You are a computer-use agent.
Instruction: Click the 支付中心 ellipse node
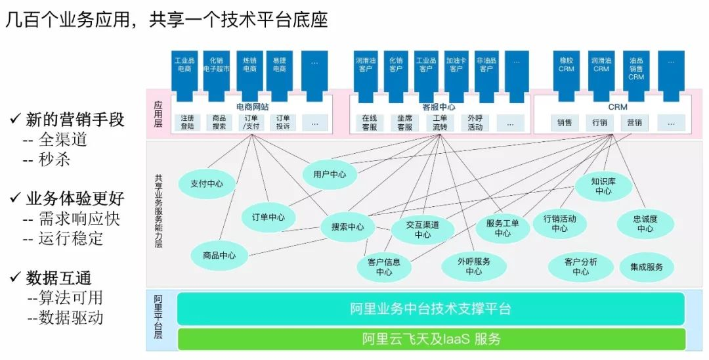point(207,184)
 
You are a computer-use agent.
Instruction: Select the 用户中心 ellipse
point(330,174)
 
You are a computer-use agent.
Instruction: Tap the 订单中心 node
point(269,217)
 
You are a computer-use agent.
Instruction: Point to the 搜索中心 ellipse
point(348,227)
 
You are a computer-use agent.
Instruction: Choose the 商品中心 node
point(219,256)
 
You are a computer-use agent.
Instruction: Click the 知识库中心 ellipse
point(603,186)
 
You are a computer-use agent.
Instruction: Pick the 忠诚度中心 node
point(645,223)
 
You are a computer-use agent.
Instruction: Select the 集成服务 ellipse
point(647,267)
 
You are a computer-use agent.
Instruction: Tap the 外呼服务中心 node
point(473,266)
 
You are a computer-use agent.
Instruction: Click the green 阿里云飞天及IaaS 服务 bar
point(431,339)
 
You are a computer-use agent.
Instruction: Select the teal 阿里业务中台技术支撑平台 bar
point(431,309)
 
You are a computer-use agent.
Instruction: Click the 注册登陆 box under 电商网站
point(187,123)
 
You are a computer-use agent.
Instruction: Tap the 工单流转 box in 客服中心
point(439,123)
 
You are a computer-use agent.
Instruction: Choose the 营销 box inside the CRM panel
point(634,123)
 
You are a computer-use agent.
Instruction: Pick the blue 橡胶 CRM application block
point(566,75)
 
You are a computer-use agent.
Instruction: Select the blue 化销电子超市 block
point(216,76)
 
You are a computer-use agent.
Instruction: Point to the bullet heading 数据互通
point(58,277)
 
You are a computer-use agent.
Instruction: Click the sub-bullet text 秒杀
point(54,159)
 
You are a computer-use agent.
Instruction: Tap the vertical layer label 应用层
point(158,114)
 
